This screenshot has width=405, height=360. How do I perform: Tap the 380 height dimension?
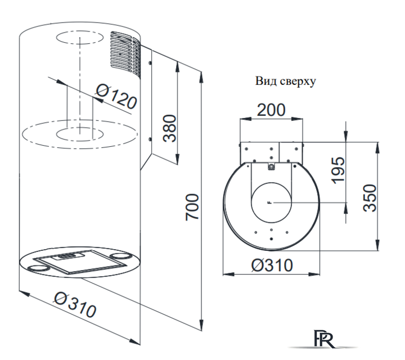click(x=170, y=128)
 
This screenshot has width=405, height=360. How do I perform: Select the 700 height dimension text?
click(x=192, y=208)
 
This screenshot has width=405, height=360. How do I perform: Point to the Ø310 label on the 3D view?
click(x=75, y=304)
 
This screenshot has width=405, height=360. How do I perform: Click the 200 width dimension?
click(x=271, y=110)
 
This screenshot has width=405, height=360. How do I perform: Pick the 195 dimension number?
click(x=339, y=170)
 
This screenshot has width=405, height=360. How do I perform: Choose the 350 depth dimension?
click(x=370, y=198)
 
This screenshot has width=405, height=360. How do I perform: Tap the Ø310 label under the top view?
click(x=272, y=265)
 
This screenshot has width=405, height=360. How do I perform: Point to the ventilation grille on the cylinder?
click(x=125, y=54)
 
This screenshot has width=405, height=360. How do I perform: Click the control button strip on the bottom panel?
click(x=67, y=256)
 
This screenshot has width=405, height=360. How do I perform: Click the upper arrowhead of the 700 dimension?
click(x=201, y=78)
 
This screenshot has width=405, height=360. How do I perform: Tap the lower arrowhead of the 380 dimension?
click(x=177, y=158)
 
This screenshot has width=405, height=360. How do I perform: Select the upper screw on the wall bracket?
click(x=150, y=62)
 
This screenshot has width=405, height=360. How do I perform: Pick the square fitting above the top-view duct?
click(x=271, y=167)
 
